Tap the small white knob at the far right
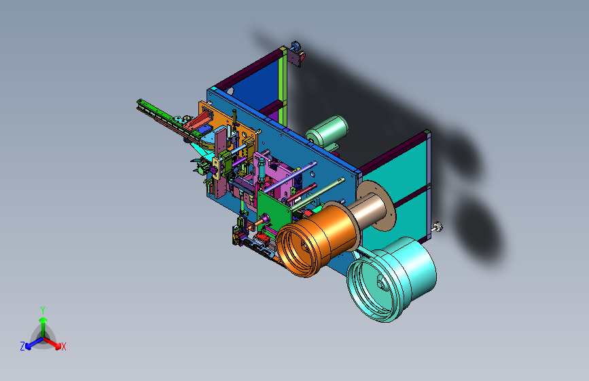(438, 227)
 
